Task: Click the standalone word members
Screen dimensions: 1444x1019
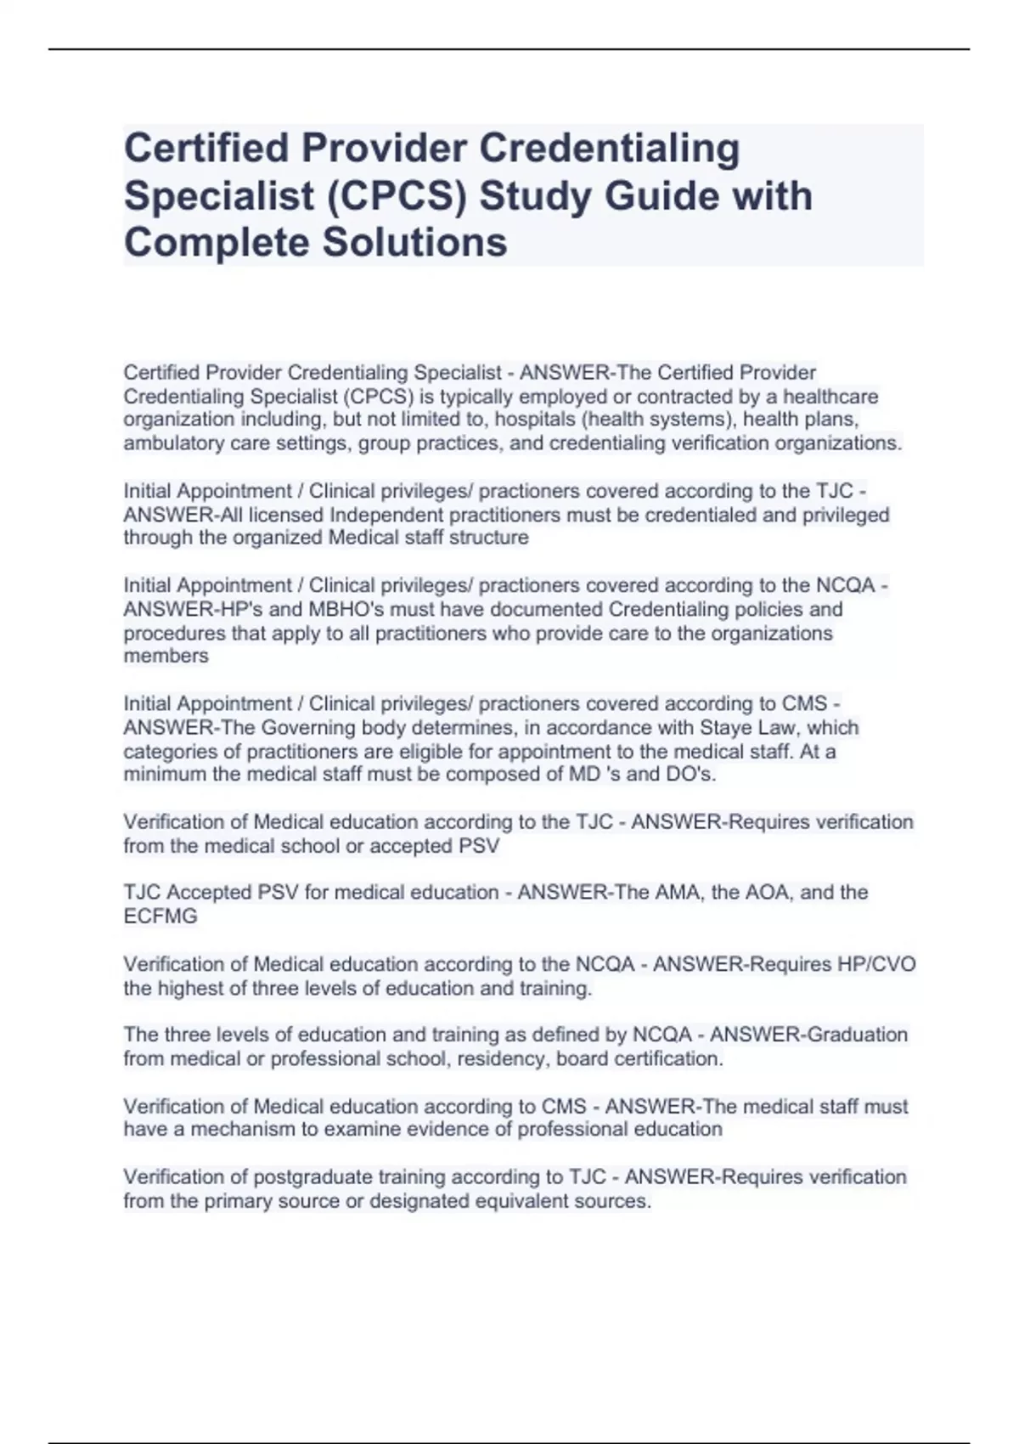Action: click(166, 657)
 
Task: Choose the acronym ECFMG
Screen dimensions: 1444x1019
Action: click(160, 917)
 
